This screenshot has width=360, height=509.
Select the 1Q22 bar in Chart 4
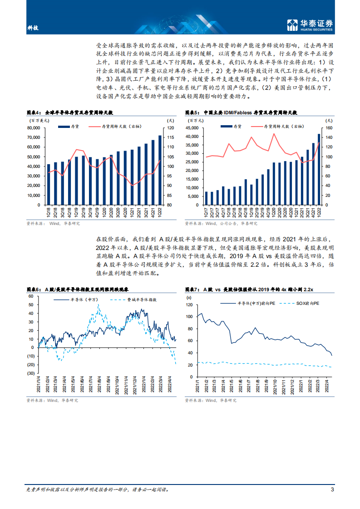[159, 170]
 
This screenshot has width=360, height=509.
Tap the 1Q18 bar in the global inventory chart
[49, 184]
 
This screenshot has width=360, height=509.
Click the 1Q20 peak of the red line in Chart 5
[274, 134]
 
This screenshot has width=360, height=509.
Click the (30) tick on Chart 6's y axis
[31, 373]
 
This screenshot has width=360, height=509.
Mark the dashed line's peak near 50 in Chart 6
[99, 305]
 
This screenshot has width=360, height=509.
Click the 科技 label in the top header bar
[33, 28]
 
